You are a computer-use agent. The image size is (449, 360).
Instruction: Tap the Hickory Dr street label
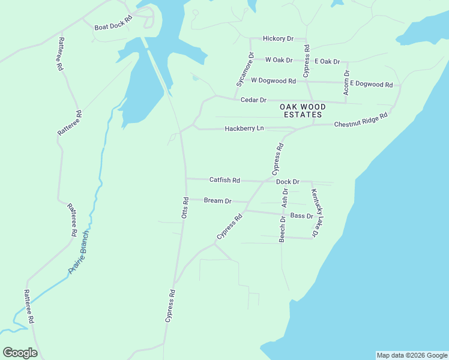[x=278, y=38]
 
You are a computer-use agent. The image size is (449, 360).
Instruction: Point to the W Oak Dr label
[x=279, y=60]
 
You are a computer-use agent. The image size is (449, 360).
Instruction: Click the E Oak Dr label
[x=327, y=62]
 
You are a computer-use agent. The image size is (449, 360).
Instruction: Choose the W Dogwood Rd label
[x=273, y=80]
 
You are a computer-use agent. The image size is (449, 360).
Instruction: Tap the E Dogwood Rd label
[x=371, y=84]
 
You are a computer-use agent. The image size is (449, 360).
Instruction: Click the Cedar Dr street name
[x=253, y=100]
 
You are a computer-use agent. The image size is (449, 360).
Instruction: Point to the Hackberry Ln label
[x=244, y=128]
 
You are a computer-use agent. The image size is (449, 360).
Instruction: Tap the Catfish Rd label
[x=224, y=179]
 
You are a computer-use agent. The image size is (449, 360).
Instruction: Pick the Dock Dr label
[x=288, y=181]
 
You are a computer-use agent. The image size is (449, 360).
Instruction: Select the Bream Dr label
[x=217, y=200]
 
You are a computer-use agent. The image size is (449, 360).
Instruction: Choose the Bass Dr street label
[x=301, y=215]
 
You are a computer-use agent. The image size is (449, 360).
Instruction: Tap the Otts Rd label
[x=185, y=208]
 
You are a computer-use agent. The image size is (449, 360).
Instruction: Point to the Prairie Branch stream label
[x=79, y=252]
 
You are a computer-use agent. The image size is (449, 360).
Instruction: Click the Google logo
[x=20, y=352]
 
